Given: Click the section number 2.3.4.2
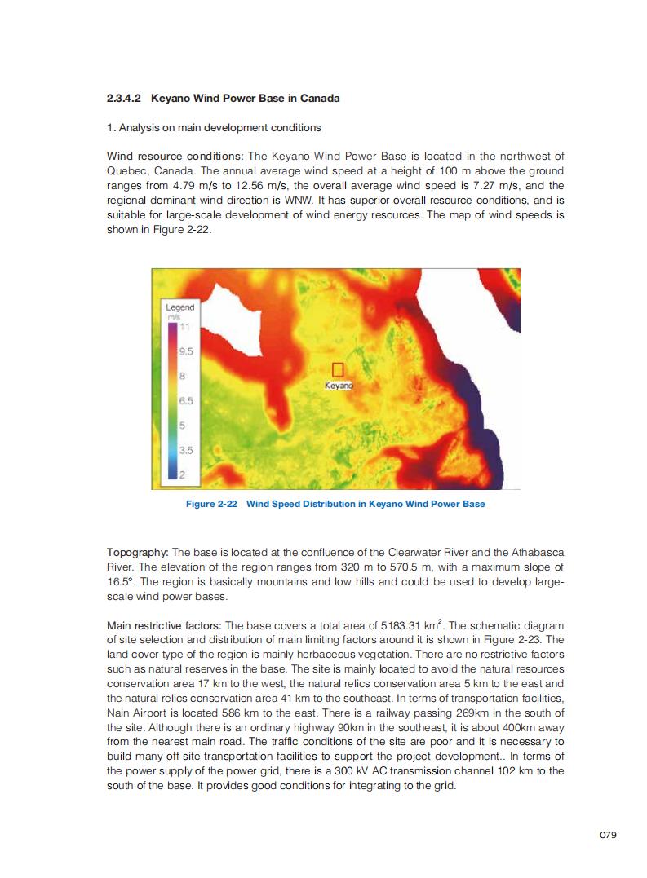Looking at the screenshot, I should click(x=125, y=99).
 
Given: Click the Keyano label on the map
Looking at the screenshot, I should click(x=339, y=385).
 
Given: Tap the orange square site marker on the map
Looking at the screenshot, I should click(x=339, y=369).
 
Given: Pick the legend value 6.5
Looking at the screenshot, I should click(x=185, y=401).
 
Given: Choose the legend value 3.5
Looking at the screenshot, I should click(x=185, y=449).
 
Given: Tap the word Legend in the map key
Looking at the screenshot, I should click(x=179, y=307).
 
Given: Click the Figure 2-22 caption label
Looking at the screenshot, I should click(x=211, y=504).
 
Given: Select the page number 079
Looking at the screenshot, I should click(x=608, y=835).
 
